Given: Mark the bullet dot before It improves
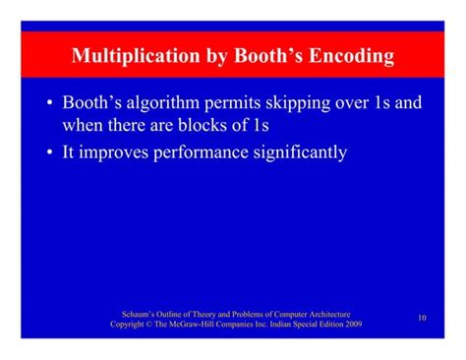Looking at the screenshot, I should (x=49, y=152).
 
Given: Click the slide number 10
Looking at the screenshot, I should (x=421, y=317).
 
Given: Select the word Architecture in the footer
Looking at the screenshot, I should (x=325, y=313).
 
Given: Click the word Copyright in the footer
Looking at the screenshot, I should (x=129, y=324).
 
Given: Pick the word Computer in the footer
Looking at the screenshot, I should (x=279, y=313).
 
